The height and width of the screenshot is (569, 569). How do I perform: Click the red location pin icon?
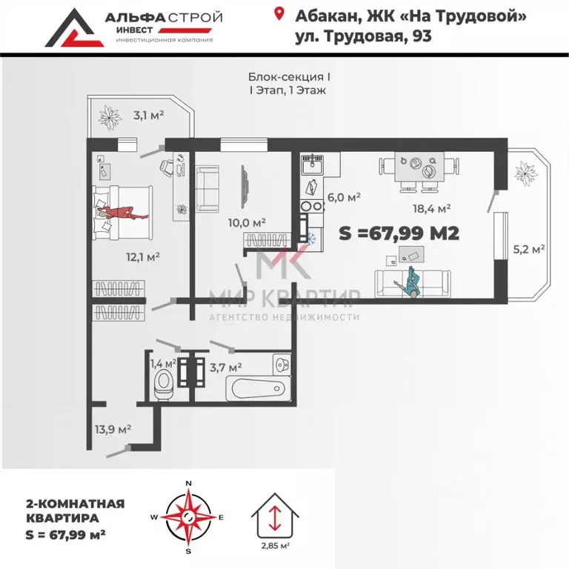(x=279, y=14)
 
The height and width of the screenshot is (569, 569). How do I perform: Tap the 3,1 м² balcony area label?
(x=148, y=115)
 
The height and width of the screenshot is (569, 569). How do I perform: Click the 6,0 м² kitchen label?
(x=344, y=197)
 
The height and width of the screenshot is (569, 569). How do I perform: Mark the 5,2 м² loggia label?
(x=529, y=249)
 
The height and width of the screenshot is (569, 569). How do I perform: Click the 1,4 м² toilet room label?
(x=162, y=364)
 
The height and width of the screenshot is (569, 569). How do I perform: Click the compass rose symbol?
(x=188, y=516)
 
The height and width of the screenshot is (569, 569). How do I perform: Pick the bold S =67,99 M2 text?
(x=399, y=233)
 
